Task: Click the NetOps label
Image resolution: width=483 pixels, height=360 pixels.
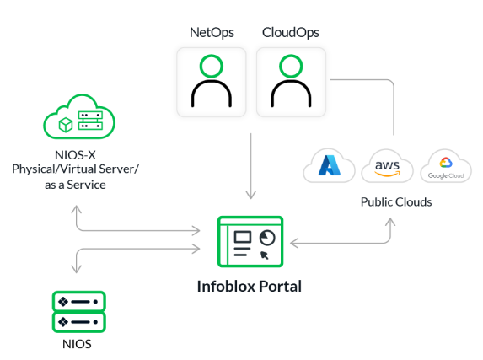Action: coord(212,33)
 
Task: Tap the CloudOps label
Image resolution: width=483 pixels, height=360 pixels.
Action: coord(291,33)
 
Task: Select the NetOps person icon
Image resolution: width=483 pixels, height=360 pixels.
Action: coord(212,82)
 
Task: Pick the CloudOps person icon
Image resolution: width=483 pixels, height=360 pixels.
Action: coord(291,82)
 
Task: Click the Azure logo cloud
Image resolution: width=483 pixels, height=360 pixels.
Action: coord(329,165)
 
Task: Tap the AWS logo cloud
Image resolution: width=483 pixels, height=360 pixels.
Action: coord(387,166)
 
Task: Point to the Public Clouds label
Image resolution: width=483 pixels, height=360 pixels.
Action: coord(396,202)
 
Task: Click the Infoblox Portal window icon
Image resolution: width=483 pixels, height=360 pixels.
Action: coord(250,241)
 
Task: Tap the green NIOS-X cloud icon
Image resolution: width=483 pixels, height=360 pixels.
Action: coord(79,116)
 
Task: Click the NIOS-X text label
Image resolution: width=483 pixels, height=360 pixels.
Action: coord(75,155)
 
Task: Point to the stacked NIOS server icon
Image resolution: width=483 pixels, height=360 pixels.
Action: coord(79,312)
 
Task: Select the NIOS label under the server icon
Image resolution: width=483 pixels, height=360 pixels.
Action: coord(77,344)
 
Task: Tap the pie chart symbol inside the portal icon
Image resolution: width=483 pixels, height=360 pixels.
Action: coord(267,238)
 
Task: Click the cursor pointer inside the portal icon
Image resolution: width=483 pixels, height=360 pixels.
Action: coord(265,255)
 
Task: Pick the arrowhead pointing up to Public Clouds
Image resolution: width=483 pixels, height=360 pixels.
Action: coord(390,222)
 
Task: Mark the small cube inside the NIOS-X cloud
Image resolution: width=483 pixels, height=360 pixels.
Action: coord(66,125)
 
